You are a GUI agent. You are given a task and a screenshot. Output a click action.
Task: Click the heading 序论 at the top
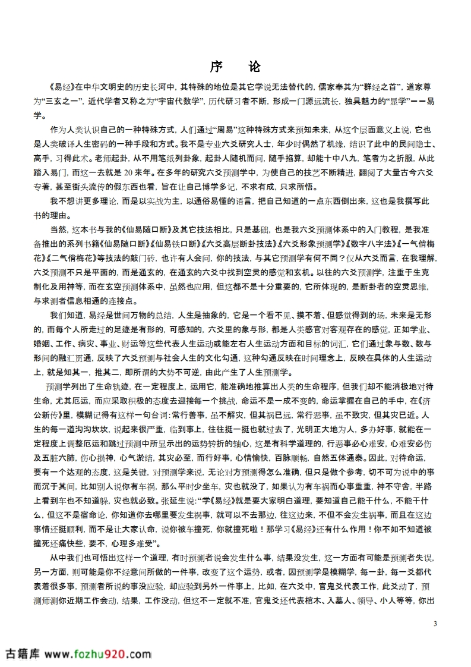click(235, 67)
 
